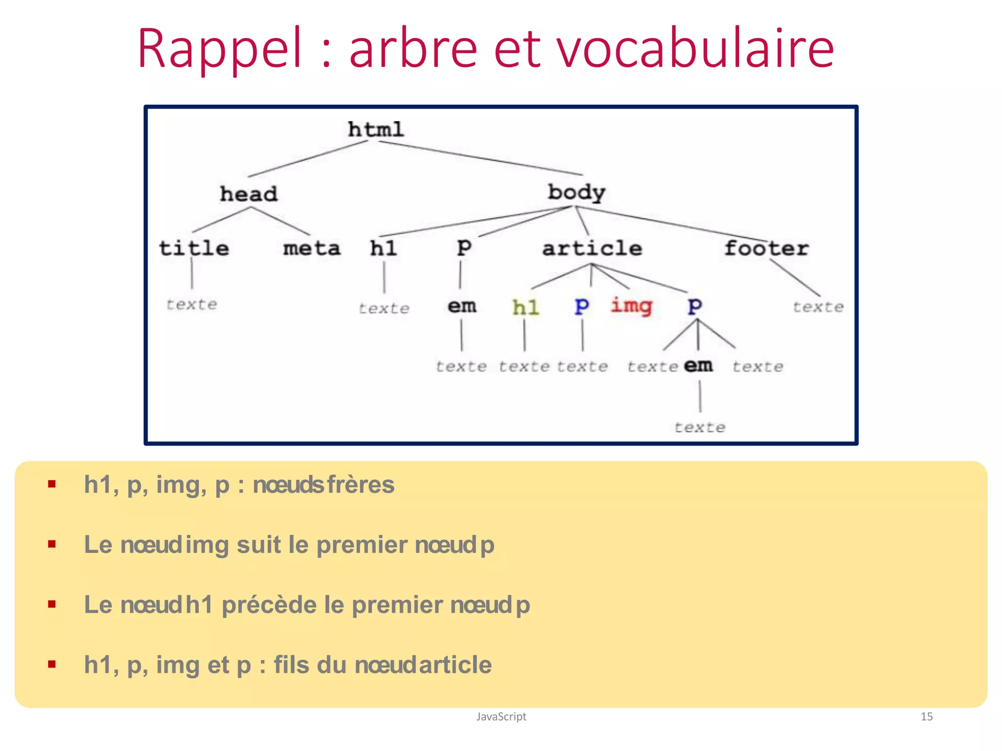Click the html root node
(x=376, y=130)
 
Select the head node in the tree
(x=249, y=194)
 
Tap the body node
(x=576, y=192)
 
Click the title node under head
(x=194, y=248)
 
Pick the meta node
(x=312, y=248)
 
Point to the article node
(x=592, y=248)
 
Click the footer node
(x=766, y=248)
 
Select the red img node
(x=631, y=307)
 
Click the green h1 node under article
(x=525, y=308)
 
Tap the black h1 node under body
(x=383, y=248)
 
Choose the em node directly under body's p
(x=461, y=307)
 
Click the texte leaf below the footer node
(x=818, y=307)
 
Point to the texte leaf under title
(x=191, y=305)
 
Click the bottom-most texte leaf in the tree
(x=700, y=427)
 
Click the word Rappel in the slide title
(x=220, y=49)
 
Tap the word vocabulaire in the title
(x=695, y=49)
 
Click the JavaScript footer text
(x=501, y=716)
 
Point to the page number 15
(x=926, y=716)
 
